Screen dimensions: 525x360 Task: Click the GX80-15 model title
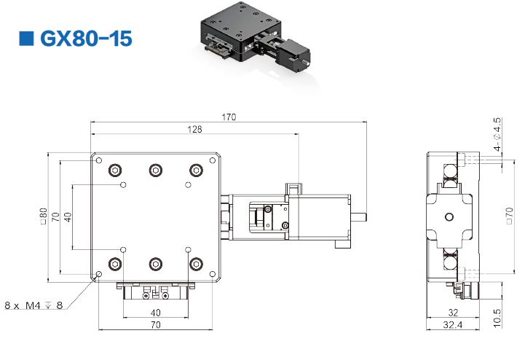point(86,39)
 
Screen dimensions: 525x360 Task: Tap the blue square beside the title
point(26,39)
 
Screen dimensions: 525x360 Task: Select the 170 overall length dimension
point(229,117)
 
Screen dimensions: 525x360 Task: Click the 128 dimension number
point(195,129)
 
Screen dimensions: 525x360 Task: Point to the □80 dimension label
point(44,216)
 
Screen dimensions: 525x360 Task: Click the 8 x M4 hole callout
point(33,305)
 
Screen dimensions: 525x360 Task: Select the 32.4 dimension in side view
point(452,324)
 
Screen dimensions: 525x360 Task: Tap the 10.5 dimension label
point(497,318)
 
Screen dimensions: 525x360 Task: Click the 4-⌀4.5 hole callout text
point(497,134)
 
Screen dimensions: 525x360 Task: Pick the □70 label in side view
point(509,216)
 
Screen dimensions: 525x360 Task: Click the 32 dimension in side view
point(453,313)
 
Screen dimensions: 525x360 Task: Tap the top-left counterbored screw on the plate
point(115,171)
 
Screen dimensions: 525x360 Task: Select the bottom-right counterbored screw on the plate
point(196,264)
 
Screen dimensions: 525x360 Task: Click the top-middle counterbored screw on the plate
point(156,171)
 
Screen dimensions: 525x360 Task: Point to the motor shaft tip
point(366,216)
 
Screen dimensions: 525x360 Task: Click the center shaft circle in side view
point(449,216)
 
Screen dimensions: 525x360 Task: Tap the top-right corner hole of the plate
point(213,160)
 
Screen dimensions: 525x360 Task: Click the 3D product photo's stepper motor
point(293,55)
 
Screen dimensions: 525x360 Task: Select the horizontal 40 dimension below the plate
point(156,313)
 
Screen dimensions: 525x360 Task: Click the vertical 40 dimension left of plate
point(68,217)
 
